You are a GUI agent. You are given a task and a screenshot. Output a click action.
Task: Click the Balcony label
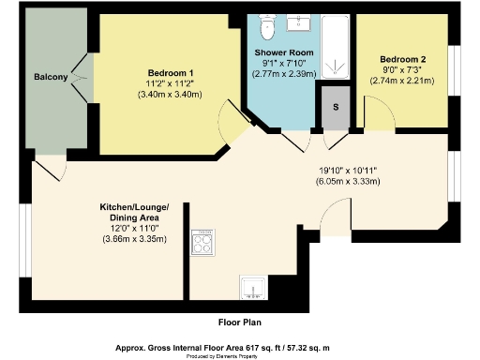[x=50, y=77]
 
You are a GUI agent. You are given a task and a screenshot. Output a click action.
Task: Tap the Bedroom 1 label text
[x=171, y=73]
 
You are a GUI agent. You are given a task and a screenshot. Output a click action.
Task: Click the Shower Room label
[x=281, y=52]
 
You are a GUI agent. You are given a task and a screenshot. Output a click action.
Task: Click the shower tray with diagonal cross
[x=336, y=47]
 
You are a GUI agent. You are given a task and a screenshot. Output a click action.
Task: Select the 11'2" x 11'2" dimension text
[x=171, y=83]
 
